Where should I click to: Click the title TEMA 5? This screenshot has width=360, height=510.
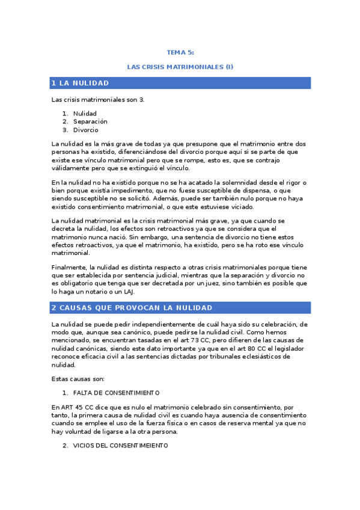[180, 53]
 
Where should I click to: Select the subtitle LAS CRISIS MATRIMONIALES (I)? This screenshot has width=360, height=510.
[180, 66]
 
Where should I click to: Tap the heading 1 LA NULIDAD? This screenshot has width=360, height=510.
[80, 83]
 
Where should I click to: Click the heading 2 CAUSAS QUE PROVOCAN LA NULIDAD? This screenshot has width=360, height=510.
[132, 308]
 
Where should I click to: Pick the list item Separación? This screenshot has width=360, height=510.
[90, 121]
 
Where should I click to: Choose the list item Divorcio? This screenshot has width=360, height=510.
[86, 130]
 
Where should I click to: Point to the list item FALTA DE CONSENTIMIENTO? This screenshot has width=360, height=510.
[116, 393]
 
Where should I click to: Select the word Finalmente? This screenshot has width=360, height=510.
[69, 267]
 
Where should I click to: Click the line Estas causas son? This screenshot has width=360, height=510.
[78, 379]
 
